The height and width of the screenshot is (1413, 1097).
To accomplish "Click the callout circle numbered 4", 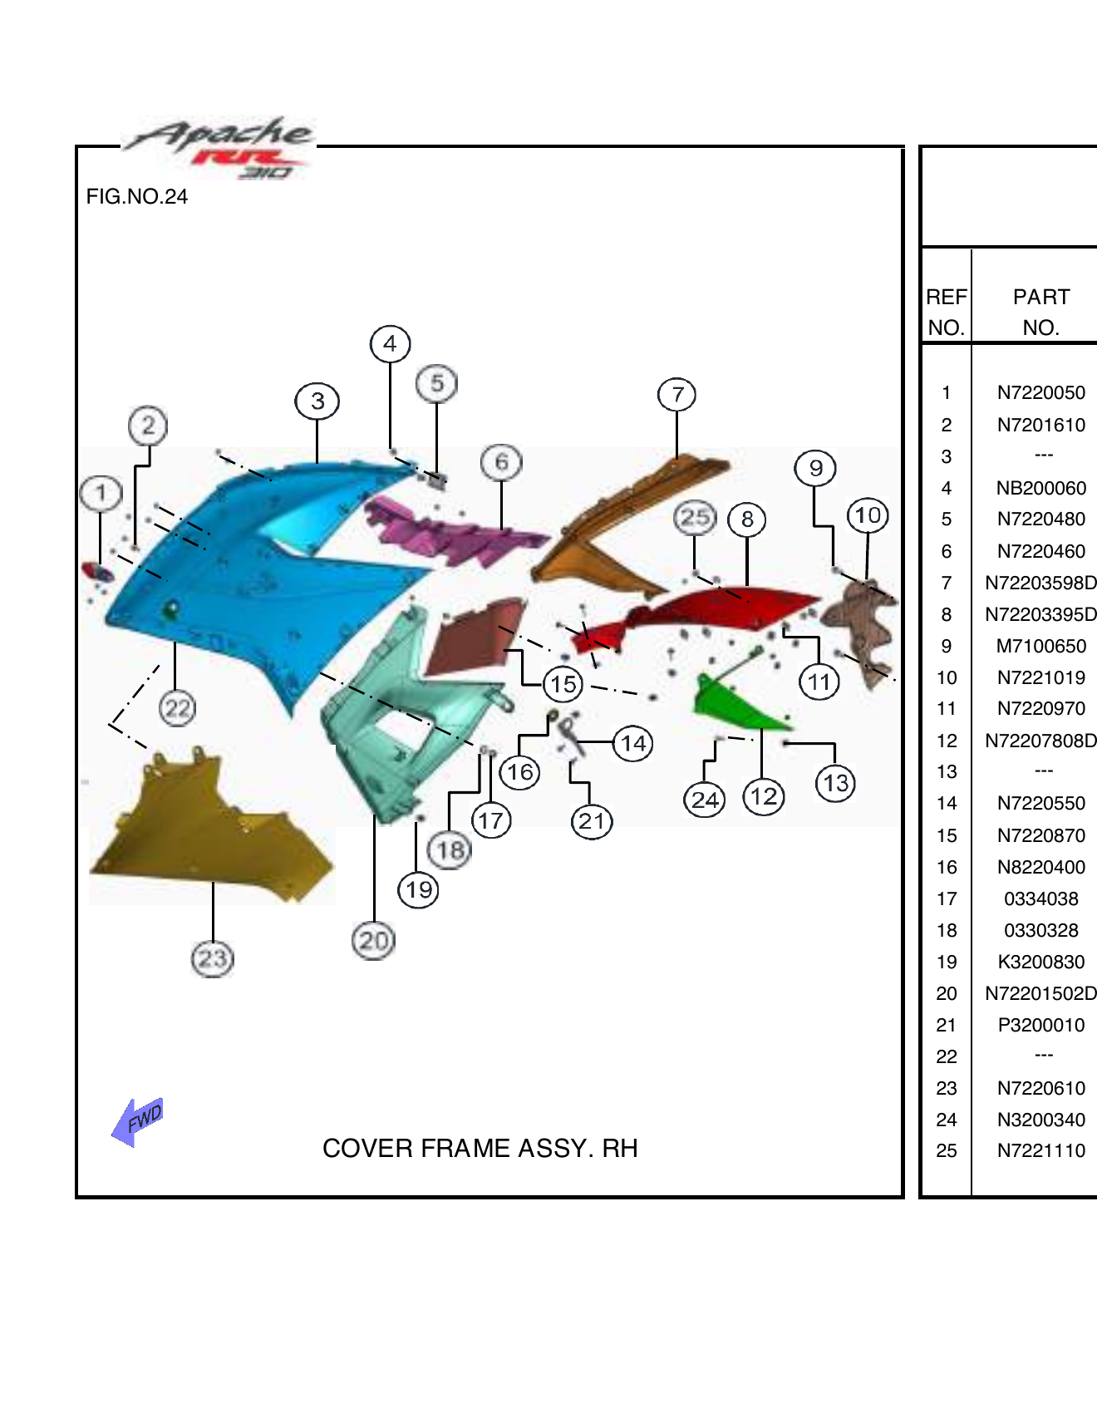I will (390, 344).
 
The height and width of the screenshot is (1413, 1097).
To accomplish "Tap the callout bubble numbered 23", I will (213, 958).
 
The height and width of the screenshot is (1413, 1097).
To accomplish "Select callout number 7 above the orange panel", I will (676, 395).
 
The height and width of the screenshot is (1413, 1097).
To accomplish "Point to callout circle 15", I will (563, 684).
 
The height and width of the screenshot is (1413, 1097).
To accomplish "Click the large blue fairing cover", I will (249, 574).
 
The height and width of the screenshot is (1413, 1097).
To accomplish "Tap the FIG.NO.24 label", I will (137, 197).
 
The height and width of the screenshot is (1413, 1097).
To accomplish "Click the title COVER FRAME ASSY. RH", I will (480, 1148).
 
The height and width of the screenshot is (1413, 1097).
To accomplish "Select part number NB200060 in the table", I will (1040, 488).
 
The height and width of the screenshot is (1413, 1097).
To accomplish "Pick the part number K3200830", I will (1040, 962).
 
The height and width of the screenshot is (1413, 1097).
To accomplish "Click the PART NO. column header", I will (1040, 312).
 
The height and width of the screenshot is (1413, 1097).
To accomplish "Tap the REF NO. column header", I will (946, 312).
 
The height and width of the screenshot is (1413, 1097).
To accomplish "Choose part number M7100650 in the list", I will (1040, 646).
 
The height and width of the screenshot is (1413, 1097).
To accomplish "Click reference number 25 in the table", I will (946, 1151).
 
